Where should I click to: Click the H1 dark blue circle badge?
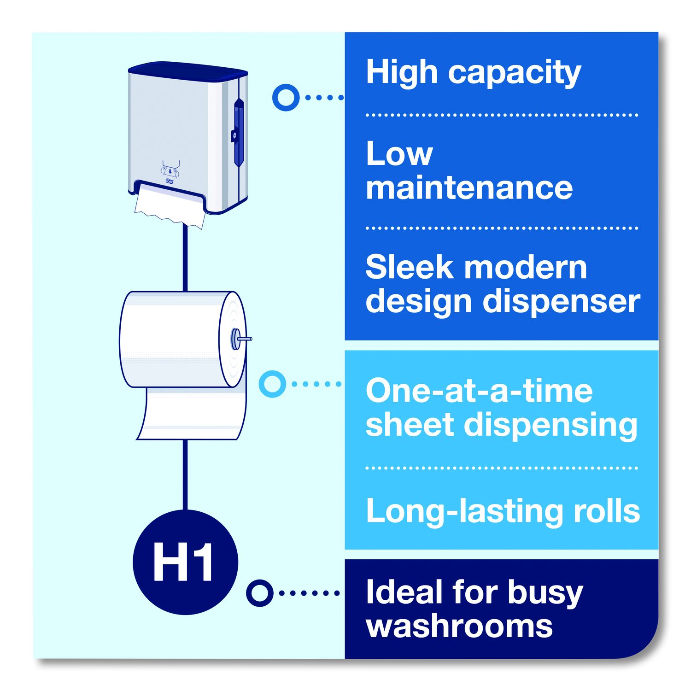[185, 562]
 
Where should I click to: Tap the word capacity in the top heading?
[515, 74]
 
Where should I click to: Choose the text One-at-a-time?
[479, 391]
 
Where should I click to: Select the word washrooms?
[459, 627]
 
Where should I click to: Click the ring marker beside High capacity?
[286, 97]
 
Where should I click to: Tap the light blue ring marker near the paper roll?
[272, 384]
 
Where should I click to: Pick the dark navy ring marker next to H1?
[260, 593]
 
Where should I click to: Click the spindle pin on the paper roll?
[241, 339]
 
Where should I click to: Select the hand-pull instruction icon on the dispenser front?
[170, 170]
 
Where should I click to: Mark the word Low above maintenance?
[399, 154]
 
